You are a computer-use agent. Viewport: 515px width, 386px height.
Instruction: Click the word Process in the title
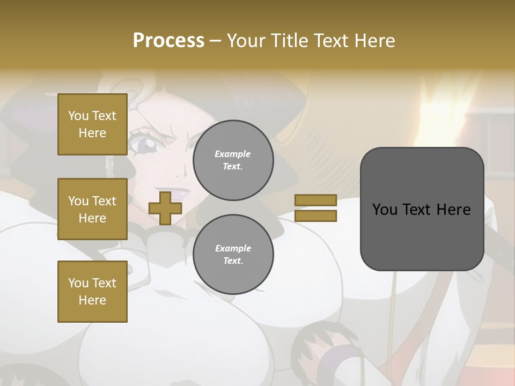pos(168,41)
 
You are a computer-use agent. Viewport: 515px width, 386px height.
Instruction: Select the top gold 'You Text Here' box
pos(92,124)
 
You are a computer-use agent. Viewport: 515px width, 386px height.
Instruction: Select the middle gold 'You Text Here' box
pos(92,209)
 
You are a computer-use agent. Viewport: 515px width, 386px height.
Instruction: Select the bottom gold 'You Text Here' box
pos(92,292)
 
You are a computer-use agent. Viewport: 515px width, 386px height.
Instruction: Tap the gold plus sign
pos(165,209)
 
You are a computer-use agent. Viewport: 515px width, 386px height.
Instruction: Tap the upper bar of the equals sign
pos(315,200)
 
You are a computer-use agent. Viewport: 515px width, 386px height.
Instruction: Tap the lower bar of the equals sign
pos(315,216)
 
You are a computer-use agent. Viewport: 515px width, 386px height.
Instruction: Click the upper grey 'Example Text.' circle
pos(233,160)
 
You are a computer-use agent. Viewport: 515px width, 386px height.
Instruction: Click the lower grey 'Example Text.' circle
pos(233,254)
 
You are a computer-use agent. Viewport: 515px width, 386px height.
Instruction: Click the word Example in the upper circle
pos(233,154)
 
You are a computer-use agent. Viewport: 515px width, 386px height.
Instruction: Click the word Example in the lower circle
pos(233,248)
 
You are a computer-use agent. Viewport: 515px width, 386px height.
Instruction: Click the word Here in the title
pos(373,41)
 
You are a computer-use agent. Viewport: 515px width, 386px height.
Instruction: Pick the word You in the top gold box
pos(78,116)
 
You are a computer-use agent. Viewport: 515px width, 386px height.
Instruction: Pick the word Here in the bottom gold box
pos(92,300)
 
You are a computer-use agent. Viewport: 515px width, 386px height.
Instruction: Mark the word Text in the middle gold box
pos(104,201)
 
